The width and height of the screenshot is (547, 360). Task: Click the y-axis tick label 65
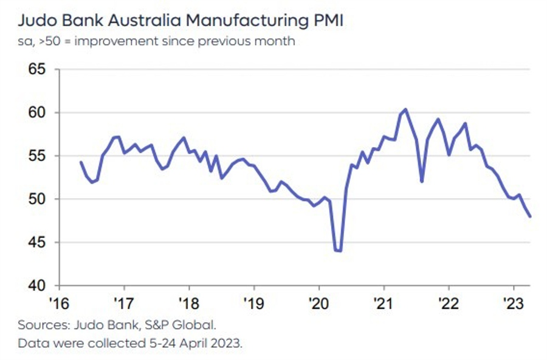37,69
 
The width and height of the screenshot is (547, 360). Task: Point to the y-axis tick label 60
37,112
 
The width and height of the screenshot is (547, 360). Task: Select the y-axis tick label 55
37,156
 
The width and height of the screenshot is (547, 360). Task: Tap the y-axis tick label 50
37,199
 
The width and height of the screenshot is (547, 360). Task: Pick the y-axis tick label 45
37,242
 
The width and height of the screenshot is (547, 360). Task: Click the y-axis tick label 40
37,285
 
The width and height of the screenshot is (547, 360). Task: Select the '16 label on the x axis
59,302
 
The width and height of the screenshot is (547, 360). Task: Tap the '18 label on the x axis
188,302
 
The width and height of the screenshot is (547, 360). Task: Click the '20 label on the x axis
318,302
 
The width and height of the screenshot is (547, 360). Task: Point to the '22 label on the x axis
449,302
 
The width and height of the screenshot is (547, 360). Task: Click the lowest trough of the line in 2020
339,251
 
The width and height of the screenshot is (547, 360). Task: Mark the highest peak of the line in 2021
405,109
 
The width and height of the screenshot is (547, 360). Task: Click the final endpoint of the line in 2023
530,216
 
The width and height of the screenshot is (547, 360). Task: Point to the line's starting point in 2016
81,162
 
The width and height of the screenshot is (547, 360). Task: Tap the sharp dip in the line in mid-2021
422,181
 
